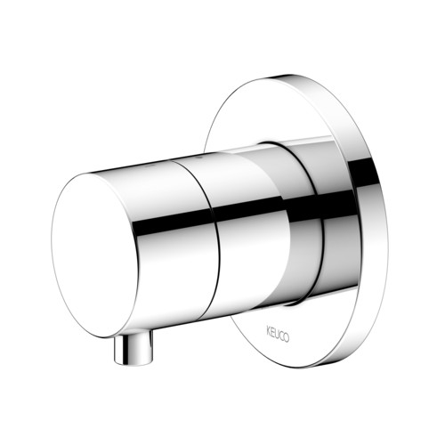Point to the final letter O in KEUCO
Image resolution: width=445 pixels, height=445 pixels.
287,337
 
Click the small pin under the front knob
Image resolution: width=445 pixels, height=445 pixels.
134,348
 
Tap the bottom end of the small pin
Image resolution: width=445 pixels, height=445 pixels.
133,363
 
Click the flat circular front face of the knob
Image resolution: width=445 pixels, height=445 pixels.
95,255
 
